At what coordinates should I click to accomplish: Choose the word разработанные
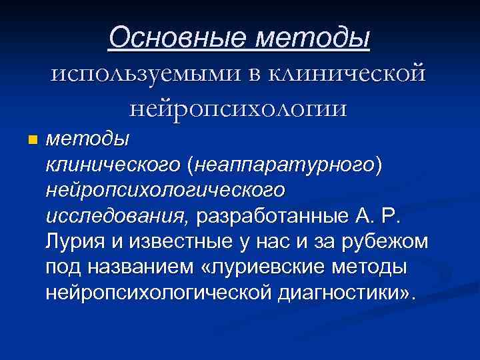point(271,215)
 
